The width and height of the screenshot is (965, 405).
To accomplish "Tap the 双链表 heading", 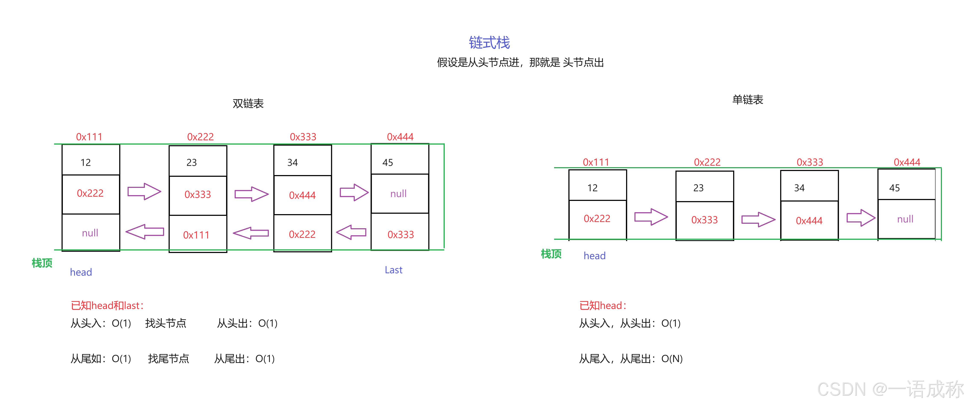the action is pyautogui.click(x=248, y=103).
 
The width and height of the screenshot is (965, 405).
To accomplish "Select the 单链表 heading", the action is pyautogui.click(x=747, y=99).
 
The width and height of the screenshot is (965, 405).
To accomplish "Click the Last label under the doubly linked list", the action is pyautogui.click(x=393, y=270).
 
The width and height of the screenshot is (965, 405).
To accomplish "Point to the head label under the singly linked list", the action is pyautogui.click(x=594, y=256).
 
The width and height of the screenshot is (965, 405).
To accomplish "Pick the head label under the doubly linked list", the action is pyautogui.click(x=81, y=272).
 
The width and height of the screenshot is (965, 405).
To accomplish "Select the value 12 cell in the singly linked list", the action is pyautogui.click(x=597, y=187).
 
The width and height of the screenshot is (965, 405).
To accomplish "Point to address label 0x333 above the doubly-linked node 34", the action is pyautogui.click(x=303, y=137).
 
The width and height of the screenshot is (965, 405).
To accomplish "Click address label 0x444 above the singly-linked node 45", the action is pyautogui.click(x=907, y=162).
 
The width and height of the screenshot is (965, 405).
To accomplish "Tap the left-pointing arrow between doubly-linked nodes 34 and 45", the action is pyautogui.click(x=351, y=232).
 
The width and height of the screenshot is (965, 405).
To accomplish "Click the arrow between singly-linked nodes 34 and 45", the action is pyautogui.click(x=861, y=218).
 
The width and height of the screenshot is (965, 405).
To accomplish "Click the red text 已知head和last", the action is pyautogui.click(x=107, y=306).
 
